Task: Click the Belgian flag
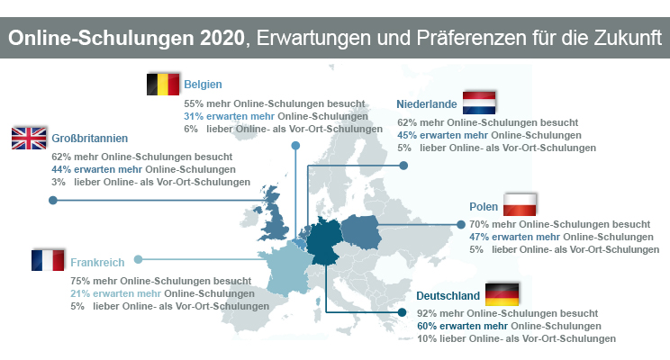pyautogui.click(x=163, y=85)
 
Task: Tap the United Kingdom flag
pyautogui.click(x=29, y=138)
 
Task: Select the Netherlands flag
pyautogui.click(x=480, y=102)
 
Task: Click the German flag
pyautogui.click(x=502, y=293)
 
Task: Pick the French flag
pyautogui.click(x=49, y=261)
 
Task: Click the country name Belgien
pyautogui.click(x=204, y=85)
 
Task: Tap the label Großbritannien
pyautogui.click(x=90, y=139)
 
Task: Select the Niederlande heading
pyautogui.click(x=426, y=103)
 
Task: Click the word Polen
pyautogui.click(x=484, y=206)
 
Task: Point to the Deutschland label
pyautogui.click(x=446, y=295)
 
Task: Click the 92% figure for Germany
pyautogui.click(x=427, y=313)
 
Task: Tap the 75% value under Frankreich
pyautogui.click(x=80, y=281)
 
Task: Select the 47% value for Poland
pyautogui.click(x=480, y=237)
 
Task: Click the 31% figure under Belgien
pyautogui.click(x=193, y=116)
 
